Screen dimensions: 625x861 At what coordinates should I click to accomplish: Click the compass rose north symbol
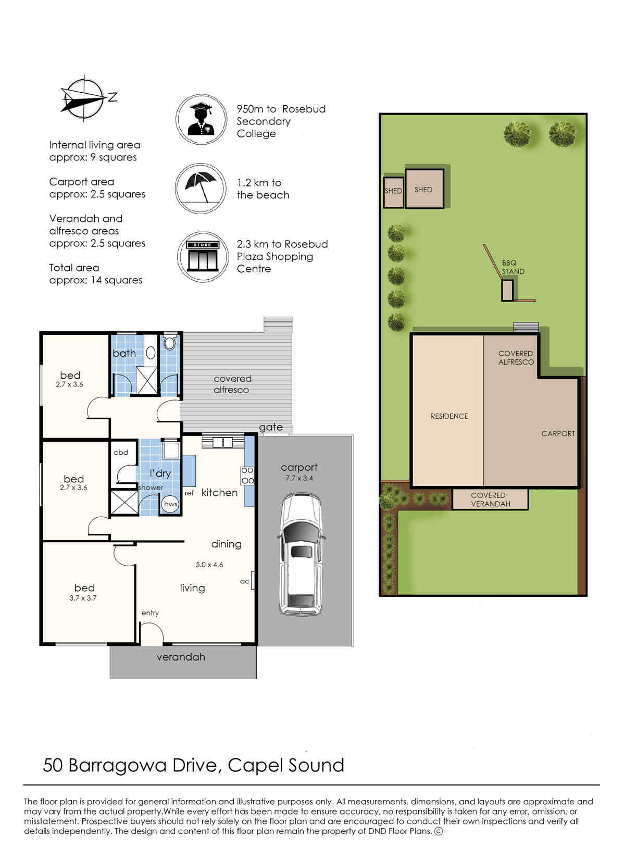coord(84,97)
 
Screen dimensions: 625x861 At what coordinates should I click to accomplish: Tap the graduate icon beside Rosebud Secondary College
coord(201,119)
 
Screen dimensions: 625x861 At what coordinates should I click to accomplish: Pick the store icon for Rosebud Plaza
coord(203,256)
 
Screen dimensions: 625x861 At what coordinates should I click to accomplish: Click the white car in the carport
coord(302,554)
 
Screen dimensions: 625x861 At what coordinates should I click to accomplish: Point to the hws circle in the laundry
coord(170,504)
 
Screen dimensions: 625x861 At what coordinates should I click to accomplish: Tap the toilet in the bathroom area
coord(169,342)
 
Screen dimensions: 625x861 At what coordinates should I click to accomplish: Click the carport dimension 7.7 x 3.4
coord(299,478)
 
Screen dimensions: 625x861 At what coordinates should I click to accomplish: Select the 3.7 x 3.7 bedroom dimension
coord(83,598)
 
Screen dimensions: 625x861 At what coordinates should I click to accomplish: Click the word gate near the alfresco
coord(271,428)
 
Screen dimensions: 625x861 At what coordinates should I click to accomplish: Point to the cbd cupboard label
coord(121,453)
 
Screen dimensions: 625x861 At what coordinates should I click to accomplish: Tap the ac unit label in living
coord(244,581)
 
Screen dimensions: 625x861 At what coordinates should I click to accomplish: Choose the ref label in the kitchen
coord(189,493)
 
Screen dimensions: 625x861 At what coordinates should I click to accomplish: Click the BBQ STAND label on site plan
coord(513,267)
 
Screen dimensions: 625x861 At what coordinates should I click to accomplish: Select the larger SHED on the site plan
coord(424,189)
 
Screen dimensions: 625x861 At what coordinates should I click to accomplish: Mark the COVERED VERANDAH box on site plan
coord(490,500)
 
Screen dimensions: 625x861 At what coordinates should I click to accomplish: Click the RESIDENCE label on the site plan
coord(449,416)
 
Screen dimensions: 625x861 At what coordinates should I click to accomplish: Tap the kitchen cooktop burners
coord(247,476)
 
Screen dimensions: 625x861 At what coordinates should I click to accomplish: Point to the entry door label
coord(150,613)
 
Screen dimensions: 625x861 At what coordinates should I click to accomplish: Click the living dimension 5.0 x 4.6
coord(209,565)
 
